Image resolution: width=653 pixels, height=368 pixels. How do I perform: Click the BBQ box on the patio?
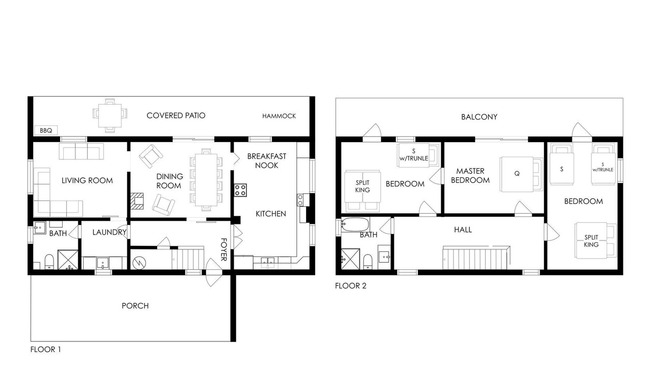click(46, 130)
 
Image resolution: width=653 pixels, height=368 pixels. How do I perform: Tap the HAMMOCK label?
click(279, 116)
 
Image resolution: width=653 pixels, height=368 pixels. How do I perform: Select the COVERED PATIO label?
click(176, 116)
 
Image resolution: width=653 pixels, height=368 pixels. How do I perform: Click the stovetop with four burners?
click(240, 190)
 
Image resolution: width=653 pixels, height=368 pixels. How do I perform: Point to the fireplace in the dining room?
click(137, 201)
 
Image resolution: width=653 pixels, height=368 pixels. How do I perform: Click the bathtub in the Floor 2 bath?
click(355, 224)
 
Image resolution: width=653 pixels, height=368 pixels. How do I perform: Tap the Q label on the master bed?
click(517, 173)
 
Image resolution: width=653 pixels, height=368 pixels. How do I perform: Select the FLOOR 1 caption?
click(45, 349)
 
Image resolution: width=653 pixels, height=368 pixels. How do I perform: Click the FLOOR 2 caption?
click(350, 286)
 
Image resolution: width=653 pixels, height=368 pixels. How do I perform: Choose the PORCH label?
click(135, 306)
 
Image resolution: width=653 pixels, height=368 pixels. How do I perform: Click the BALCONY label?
click(479, 117)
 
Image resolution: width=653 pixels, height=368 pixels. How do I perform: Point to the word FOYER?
click(223, 249)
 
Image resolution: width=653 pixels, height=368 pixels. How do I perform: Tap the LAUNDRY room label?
click(109, 232)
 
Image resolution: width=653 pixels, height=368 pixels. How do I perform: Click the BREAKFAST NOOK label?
click(267, 161)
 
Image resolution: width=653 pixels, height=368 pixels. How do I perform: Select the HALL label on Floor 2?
click(463, 230)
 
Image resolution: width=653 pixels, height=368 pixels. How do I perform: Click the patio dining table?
click(110, 116)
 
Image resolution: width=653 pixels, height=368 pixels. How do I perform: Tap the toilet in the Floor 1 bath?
click(49, 262)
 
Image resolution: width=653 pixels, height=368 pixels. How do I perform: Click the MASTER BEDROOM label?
click(470, 175)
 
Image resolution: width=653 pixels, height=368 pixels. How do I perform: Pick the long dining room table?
click(206, 179)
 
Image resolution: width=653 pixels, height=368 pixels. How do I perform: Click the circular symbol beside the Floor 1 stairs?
click(139, 263)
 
